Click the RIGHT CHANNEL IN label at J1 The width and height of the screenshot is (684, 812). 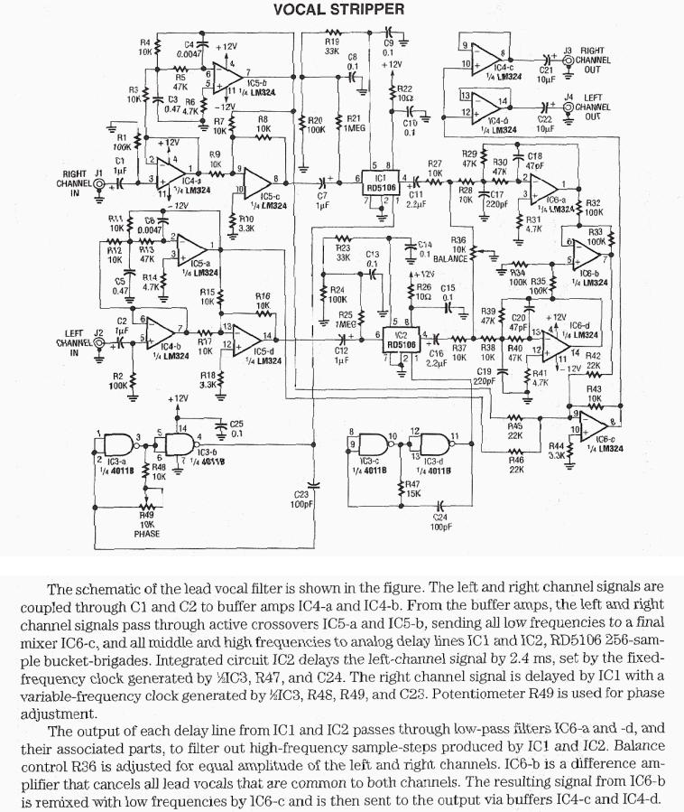pyautogui.click(x=74, y=182)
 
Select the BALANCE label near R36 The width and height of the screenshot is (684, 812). pyautogui.click(x=451, y=259)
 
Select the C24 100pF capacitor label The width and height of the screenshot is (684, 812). pyautogui.click(x=440, y=521)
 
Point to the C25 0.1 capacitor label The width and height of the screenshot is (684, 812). pyautogui.click(x=236, y=427)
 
